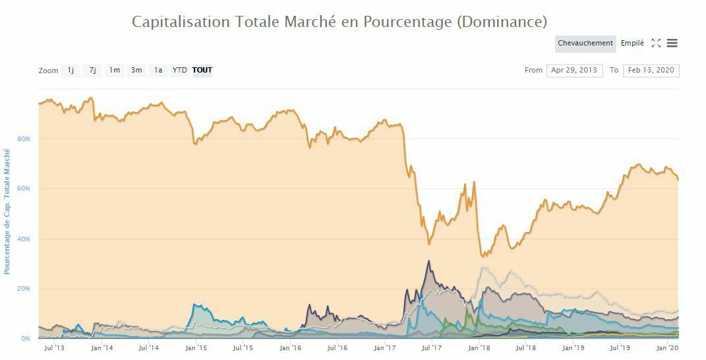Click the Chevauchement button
point(585,44)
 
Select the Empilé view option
point(632,44)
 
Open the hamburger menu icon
point(672,44)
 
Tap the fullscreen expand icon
point(656,44)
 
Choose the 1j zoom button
point(71,70)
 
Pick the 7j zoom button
point(93,70)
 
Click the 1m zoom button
point(115,70)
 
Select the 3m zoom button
point(136,70)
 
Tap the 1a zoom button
point(158,70)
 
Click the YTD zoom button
point(179,70)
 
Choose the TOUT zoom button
point(202,70)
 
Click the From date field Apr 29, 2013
point(574,70)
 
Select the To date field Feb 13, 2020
point(651,70)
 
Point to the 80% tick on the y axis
point(24,139)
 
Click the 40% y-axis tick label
point(24,239)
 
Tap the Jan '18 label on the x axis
point(479,348)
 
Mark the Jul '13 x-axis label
point(54,348)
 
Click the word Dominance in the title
point(500,22)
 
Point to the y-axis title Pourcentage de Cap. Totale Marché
point(7,212)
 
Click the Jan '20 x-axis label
point(668,348)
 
